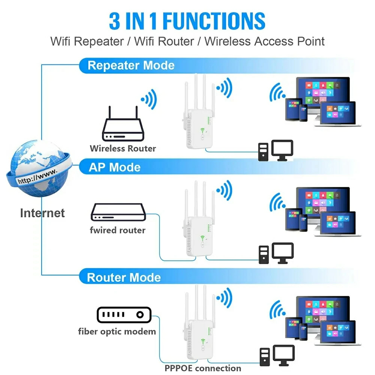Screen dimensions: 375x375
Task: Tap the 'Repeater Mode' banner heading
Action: point(131,66)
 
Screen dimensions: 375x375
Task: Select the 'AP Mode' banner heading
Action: point(114,167)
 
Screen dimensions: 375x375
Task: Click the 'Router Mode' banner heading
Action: point(124,278)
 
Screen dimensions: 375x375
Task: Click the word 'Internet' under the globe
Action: point(42,213)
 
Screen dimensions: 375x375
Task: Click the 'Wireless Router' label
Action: point(123,148)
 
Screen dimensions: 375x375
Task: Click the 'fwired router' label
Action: point(117,230)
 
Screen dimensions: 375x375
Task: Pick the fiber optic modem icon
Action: point(123,315)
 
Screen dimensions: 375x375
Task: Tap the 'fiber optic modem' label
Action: point(117,331)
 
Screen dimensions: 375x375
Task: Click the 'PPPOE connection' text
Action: point(203,368)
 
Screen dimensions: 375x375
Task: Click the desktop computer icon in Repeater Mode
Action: point(275,151)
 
